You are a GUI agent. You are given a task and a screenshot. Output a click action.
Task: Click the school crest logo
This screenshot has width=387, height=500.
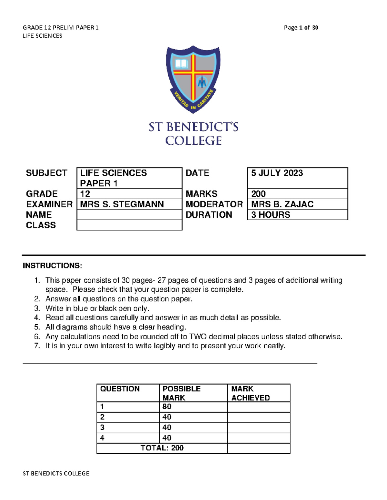[193, 79]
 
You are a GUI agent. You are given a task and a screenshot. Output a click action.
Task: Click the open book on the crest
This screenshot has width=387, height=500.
[181, 63]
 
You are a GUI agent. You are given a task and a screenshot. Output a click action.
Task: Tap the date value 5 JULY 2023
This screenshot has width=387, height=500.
[277, 173]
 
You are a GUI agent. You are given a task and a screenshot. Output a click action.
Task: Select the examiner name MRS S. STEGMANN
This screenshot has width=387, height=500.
[122, 204]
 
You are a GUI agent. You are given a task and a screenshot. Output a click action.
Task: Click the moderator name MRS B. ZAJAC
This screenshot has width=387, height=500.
[282, 204]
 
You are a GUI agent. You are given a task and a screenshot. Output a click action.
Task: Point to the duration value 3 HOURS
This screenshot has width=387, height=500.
[271, 215]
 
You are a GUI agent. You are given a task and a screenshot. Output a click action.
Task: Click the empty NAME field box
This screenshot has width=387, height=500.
[129, 215]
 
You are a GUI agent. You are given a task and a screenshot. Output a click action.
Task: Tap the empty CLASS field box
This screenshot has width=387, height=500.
[129, 225]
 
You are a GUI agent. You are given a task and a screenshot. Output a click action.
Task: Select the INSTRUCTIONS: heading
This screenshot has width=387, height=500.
[52, 266]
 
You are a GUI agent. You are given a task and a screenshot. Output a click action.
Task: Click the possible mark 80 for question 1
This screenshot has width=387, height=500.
[167, 407]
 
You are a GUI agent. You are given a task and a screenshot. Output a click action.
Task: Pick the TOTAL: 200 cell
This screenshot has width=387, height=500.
[162, 448]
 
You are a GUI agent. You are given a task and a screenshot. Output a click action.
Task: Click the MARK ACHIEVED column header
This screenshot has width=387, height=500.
[250, 393]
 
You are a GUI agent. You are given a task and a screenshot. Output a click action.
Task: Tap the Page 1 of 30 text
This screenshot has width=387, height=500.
[301, 28]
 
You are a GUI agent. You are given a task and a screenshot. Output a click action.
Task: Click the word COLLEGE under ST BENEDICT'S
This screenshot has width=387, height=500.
[193, 141]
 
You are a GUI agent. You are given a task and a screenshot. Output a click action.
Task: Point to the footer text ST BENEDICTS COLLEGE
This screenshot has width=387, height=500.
[56, 473]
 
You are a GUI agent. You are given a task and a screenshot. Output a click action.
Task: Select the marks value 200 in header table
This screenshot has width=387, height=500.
[258, 194]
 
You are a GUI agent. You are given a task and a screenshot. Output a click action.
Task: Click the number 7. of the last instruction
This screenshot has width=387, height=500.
[37, 346]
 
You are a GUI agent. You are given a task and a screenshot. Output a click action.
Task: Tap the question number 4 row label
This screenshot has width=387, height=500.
[102, 438]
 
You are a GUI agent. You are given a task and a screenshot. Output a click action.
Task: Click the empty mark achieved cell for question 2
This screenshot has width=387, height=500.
[259, 417]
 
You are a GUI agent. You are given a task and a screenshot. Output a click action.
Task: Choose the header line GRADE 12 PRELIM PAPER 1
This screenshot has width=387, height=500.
[61, 28]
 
